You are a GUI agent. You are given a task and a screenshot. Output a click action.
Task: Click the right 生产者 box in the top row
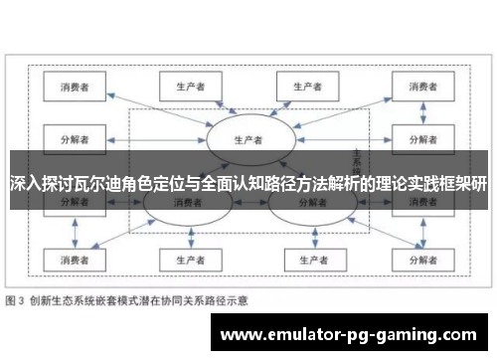[x=306, y=87]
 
